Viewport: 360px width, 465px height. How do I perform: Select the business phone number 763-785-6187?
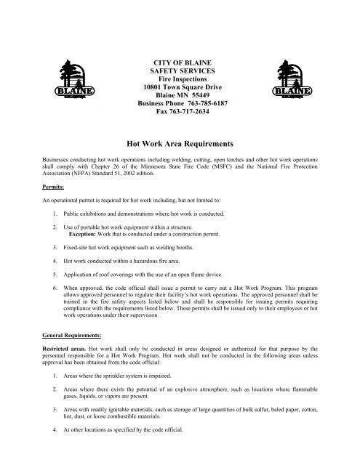click(209, 104)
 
